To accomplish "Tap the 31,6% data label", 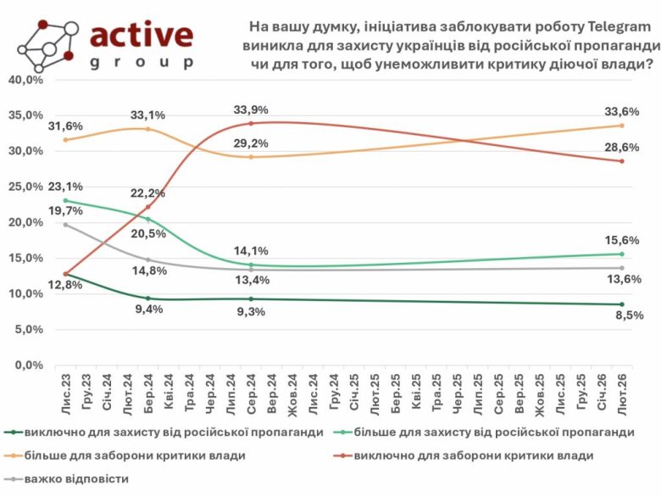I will pyautogui.click(x=65, y=125).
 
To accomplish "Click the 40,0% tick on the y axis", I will pyautogui.click(x=25, y=80).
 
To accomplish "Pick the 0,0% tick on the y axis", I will pyautogui.click(x=29, y=365).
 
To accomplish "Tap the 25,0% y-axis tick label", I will pyautogui.click(x=25, y=187).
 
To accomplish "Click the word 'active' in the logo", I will pyautogui.click(x=142, y=36).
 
